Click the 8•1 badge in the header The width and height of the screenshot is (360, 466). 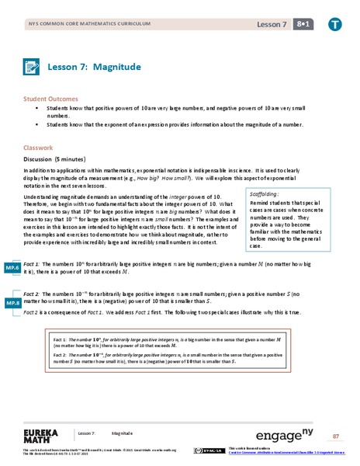[307, 25]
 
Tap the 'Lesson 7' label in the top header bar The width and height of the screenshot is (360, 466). [272, 25]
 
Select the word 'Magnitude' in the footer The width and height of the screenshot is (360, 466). [122, 433]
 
